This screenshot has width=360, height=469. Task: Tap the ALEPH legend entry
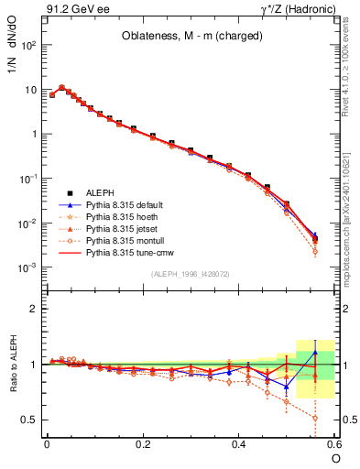[x=100, y=192]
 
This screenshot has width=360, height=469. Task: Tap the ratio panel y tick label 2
[x=36, y=309]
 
